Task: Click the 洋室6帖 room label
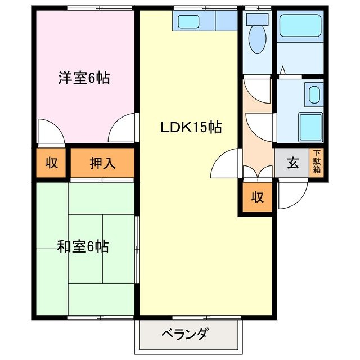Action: (x=83, y=78)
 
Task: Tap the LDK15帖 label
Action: (x=191, y=128)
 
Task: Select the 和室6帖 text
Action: (x=83, y=246)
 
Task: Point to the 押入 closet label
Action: (x=102, y=163)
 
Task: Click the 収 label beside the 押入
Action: (x=52, y=163)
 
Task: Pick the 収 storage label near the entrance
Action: (x=257, y=197)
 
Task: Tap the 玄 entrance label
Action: (x=292, y=163)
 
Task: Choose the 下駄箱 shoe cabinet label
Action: (x=317, y=163)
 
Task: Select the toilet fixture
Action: (x=258, y=35)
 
